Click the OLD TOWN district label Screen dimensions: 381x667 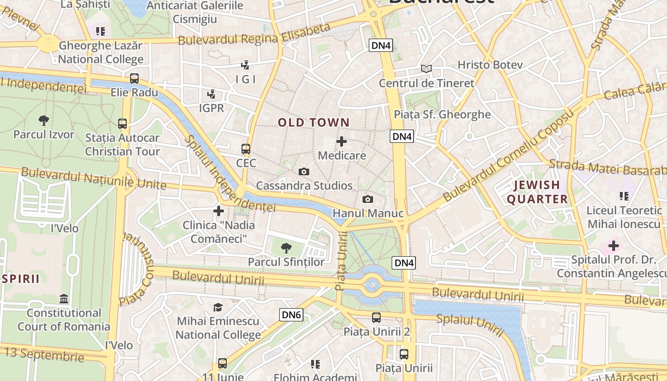coord(313,122)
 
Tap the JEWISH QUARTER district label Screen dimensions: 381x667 coord(537,192)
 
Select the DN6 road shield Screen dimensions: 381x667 coord(291,314)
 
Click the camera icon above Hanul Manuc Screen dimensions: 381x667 coord(368,199)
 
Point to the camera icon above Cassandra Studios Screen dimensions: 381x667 coord(304,171)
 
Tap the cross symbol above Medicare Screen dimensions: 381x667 coord(342,141)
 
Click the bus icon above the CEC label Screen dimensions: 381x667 coord(246,149)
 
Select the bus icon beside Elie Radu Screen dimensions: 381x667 coord(134,79)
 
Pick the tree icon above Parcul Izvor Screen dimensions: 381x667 coord(44,120)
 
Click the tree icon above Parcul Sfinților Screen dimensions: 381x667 coord(286,248)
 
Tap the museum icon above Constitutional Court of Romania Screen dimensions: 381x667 coord(64,299)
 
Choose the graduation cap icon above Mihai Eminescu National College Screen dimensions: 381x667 coord(218,307)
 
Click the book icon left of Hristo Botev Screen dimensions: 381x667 coord(426,69)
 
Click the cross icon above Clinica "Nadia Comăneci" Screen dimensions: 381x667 coord(219,211)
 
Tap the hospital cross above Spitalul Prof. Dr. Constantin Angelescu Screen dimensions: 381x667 coord(613,246)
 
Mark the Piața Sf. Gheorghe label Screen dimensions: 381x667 coord(442,114)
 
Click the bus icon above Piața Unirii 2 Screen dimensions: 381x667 coord(376,317)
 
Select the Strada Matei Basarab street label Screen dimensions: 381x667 coord(607,168)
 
